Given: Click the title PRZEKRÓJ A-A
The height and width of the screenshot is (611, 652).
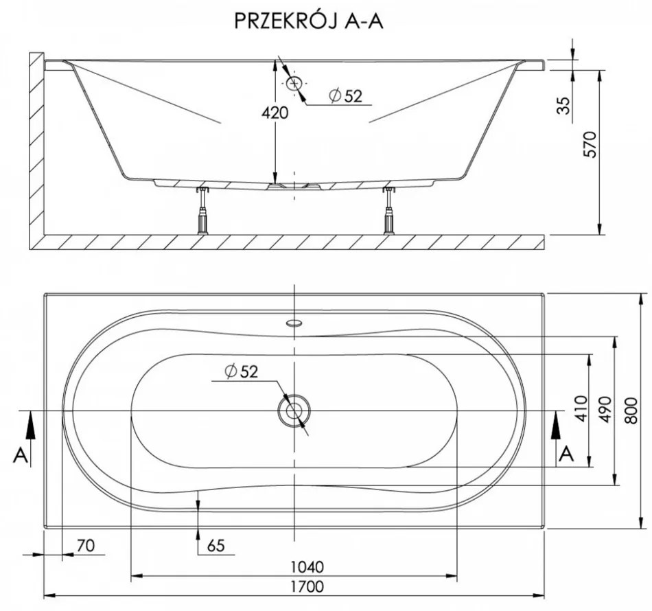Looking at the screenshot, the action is [309, 21].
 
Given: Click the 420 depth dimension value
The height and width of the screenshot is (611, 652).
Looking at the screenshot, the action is [275, 113].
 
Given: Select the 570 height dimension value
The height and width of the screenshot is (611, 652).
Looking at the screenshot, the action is [590, 144].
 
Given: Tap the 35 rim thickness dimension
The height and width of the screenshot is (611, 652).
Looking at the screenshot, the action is [563, 106].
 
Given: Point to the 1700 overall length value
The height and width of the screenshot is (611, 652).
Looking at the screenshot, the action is [307, 586].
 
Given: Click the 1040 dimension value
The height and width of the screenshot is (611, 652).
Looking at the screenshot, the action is [307, 567].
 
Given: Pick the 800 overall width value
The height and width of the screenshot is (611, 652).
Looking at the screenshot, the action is [631, 411].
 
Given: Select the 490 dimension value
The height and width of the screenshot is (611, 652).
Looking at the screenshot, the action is [607, 410].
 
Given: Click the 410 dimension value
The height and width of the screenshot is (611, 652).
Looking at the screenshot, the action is [582, 408].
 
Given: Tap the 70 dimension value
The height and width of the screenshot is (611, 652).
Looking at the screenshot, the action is [86, 545].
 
